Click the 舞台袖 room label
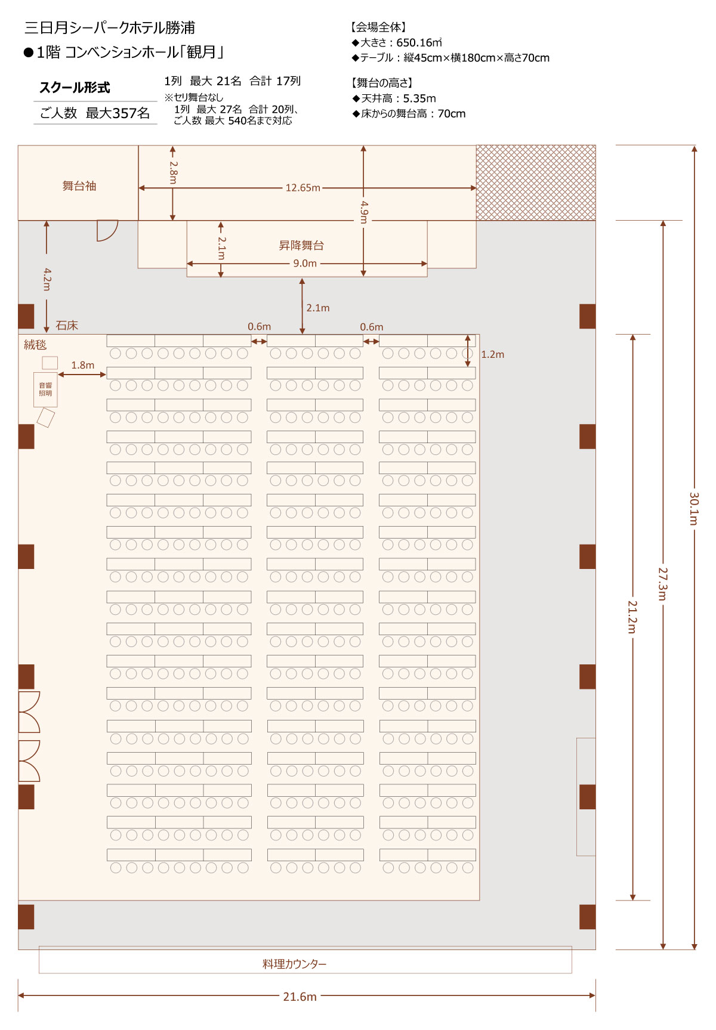79,186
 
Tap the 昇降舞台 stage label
301,245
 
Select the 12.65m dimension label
303,188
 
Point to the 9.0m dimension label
305,264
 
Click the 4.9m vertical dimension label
364,212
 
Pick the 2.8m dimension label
173,172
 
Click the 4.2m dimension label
47,279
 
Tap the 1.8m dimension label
82,365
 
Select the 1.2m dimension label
492,354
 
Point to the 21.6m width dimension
300,997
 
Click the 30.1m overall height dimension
694,509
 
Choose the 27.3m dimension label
663,584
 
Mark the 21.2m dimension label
632,617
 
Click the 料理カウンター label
295,964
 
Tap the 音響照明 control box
45,389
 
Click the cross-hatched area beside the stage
536,183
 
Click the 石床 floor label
67,326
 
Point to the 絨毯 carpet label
35,345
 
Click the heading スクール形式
75,88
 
